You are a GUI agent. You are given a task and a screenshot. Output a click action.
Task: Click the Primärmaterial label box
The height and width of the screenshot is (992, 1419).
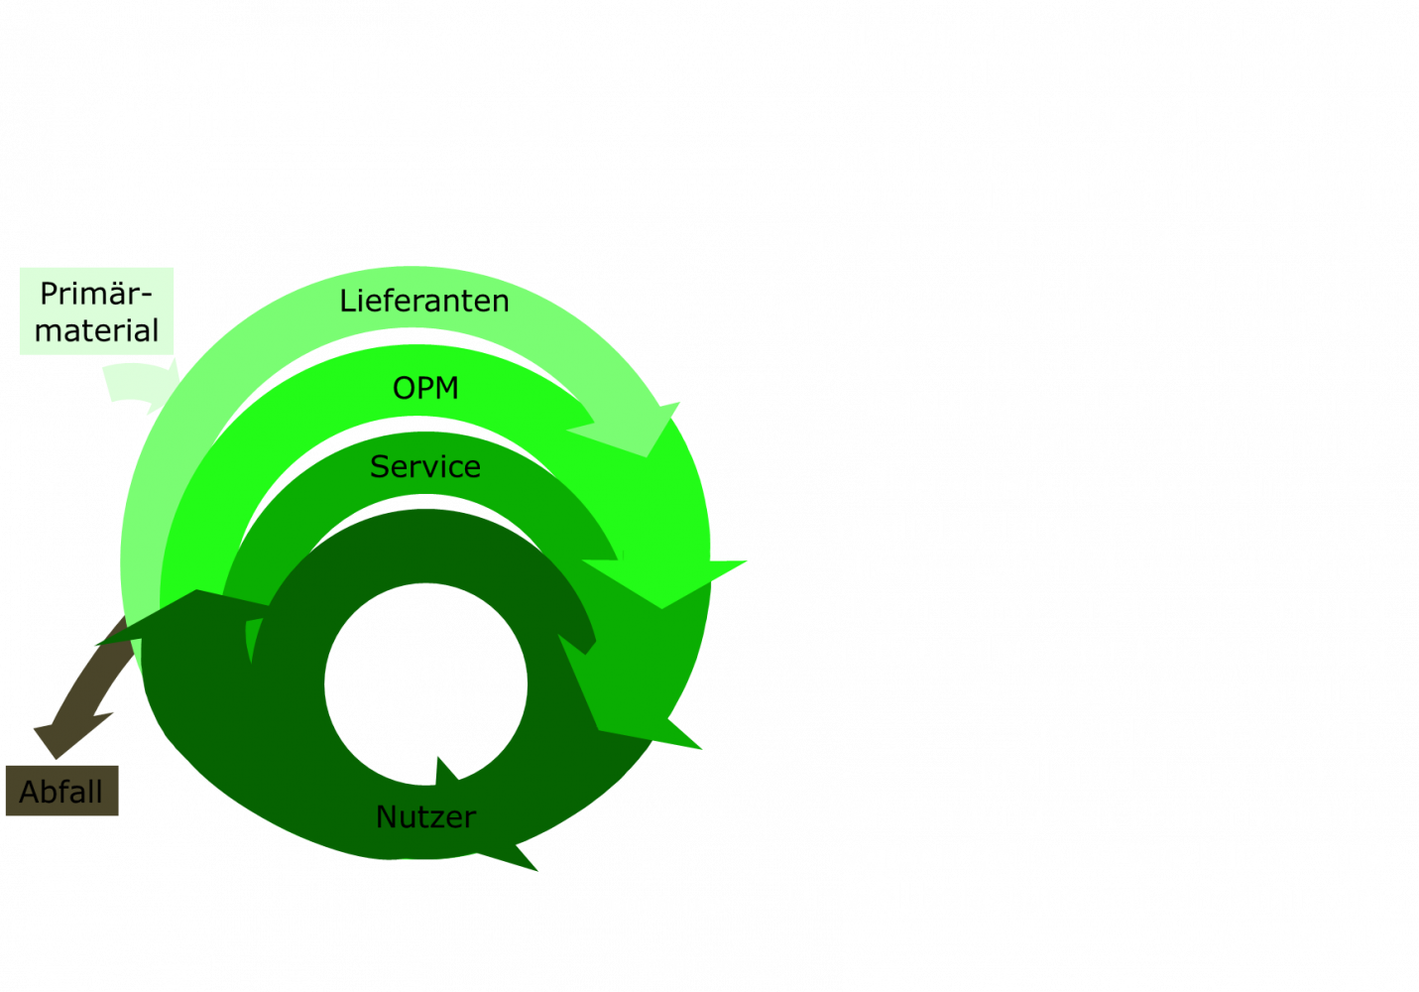96,311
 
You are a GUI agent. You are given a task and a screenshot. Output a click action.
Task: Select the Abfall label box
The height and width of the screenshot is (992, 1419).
61,792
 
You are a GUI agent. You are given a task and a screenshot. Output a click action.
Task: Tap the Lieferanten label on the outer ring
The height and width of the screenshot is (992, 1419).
423,301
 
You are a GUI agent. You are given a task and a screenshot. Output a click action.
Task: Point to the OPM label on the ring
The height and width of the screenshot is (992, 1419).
425,388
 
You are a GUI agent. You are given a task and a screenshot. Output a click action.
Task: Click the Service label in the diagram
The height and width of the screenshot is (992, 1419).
424,466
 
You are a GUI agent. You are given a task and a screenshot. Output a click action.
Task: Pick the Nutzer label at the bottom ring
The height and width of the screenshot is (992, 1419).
425,816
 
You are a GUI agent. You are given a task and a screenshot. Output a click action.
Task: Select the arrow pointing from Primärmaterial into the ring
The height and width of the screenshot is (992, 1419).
139,388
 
